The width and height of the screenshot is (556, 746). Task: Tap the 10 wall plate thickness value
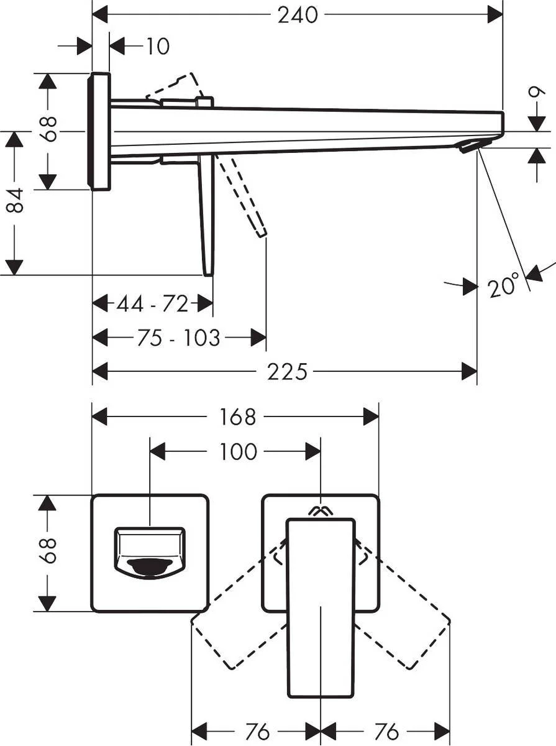pos(158,46)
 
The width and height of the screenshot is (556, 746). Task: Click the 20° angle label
pos(503,286)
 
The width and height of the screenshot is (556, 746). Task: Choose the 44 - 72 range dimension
pos(152,304)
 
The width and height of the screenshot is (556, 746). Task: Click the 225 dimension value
pos(287,372)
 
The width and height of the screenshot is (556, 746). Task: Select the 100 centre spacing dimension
pos(238,451)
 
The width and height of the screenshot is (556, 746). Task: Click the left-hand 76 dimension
pos(257,732)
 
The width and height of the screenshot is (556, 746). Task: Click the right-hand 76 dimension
pos(387,732)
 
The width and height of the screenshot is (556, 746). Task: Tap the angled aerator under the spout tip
pos(470,145)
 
